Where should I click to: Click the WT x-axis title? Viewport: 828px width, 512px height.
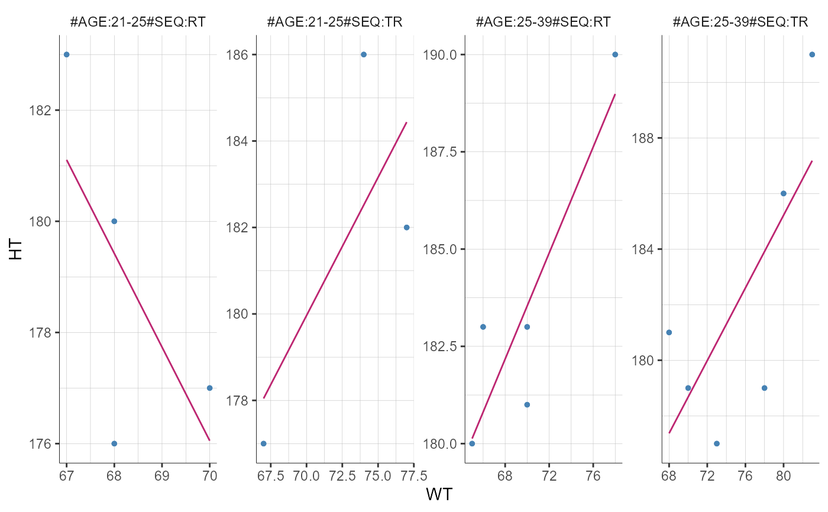pyautogui.click(x=438, y=495)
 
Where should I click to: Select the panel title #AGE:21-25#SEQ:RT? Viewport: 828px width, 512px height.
pyautogui.click(x=138, y=22)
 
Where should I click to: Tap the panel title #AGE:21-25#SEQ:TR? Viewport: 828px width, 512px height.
pyautogui.click(x=335, y=22)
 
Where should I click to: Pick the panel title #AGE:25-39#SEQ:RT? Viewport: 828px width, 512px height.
pyautogui.click(x=543, y=22)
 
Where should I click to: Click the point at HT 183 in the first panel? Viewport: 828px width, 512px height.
pyautogui.click(x=66, y=54)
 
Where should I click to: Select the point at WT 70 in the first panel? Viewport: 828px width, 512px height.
pyautogui.click(x=209, y=388)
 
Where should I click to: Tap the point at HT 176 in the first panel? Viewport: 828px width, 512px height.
pyautogui.click(x=114, y=443)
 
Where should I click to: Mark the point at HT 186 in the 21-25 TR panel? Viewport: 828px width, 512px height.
pyautogui.click(x=364, y=54)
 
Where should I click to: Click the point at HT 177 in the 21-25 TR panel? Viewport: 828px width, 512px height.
pyautogui.click(x=263, y=443)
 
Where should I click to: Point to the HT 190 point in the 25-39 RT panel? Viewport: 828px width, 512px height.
pyautogui.click(x=615, y=54)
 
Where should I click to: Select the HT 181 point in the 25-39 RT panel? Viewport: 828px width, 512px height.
pyautogui.click(x=527, y=404)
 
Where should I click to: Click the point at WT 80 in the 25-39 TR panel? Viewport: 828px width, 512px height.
pyautogui.click(x=784, y=193)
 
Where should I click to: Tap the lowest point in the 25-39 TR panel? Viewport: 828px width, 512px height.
pyautogui.click(x=717, y=443)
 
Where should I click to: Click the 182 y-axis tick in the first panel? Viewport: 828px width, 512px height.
pyautogui.click(x=41, y=111)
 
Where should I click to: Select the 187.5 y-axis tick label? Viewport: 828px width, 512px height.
pyautogui.click(x=439, y=152)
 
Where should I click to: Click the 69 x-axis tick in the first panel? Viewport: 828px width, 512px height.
pyautogui.click(x=162, y=476)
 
